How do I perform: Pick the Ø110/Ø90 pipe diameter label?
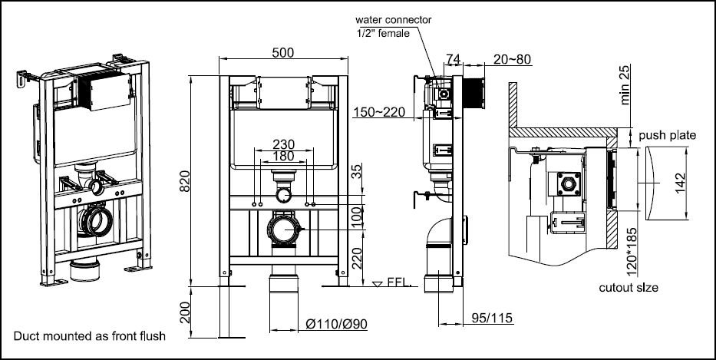tap(336, 324)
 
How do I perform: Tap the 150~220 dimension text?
tap(379, 113)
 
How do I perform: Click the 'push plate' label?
tap(668, 136)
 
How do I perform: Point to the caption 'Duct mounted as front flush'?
tap(89, 335)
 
